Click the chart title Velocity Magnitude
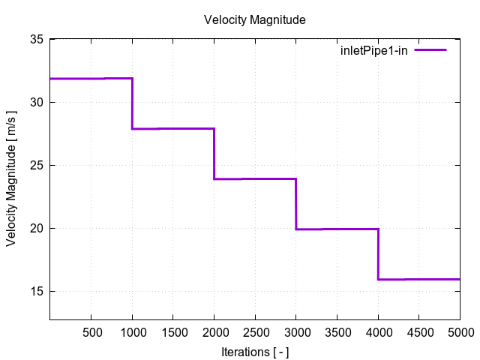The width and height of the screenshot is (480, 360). coord(254,20)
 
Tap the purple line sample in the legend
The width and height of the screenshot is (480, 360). coord(431,50)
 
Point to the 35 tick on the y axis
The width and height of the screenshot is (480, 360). coord(36,39)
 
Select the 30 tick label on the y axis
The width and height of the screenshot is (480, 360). coord(36,102)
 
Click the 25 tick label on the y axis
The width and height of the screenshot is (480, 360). coord(36,165)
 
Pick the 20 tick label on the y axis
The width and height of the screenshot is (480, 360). coord(36,228)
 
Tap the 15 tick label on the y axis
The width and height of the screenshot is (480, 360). coord(36,291)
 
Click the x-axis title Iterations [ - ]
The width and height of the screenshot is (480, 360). coord(255,351)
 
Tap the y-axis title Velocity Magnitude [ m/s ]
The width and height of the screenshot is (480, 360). coord(12,180)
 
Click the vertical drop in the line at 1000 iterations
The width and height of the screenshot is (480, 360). coord(133,103)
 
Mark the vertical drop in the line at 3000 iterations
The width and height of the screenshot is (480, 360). coord(296,204)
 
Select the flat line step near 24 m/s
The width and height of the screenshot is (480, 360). coord(255,178)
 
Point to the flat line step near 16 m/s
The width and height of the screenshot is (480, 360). coord(418,279)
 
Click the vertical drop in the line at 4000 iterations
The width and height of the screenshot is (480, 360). coord(378,254)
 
